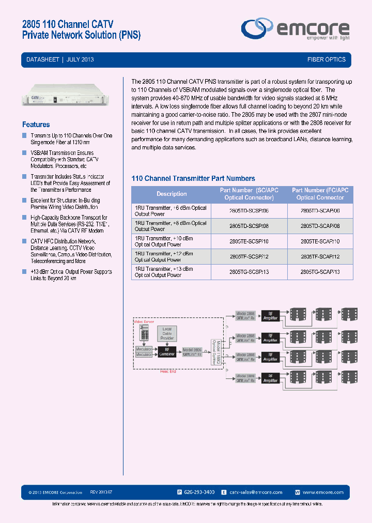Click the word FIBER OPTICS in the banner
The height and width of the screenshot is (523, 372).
[x=327, y=60]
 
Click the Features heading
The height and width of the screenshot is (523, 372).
[x=36, y=125]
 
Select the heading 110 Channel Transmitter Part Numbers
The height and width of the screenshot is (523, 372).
[x=193, y=178]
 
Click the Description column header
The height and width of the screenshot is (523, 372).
[x=172, y=194]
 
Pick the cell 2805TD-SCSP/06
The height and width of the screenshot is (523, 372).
[x=249, y=211]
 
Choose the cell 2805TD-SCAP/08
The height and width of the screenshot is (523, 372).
[x=320, y=226]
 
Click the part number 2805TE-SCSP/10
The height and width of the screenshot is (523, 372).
[x=249, y=241]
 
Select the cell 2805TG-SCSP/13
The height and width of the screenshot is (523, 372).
[x=249, y=272]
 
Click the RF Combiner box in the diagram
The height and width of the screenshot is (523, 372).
[x=167, y=351]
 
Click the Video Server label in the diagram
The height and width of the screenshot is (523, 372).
[x=144, y=321]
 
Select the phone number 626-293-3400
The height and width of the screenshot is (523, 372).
[x=199, y=493]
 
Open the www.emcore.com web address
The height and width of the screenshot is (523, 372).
[x=323, y=493]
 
